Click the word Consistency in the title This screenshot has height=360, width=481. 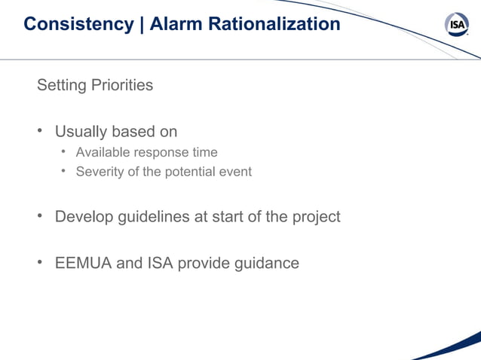click(x=78, y=24)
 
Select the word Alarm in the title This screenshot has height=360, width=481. click(x=172, y=24)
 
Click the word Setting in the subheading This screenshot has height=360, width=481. click(x=61, y=85)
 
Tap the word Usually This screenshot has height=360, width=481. click(x=81, y=132)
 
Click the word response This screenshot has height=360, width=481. click(x=159, y=152)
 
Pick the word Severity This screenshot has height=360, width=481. click(x=100, y=172)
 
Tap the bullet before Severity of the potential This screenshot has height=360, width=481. click(x=65, y=172)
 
